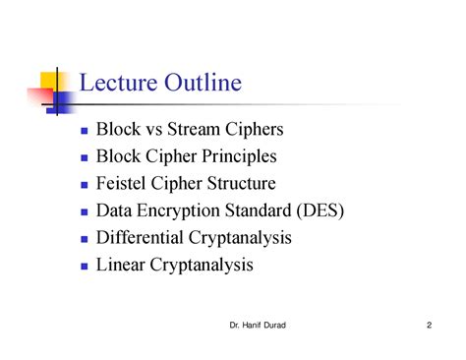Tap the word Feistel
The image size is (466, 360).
119,184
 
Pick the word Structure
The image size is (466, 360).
240,184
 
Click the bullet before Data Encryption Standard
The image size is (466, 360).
85,211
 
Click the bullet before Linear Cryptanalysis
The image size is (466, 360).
85,266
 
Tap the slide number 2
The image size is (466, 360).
431,326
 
